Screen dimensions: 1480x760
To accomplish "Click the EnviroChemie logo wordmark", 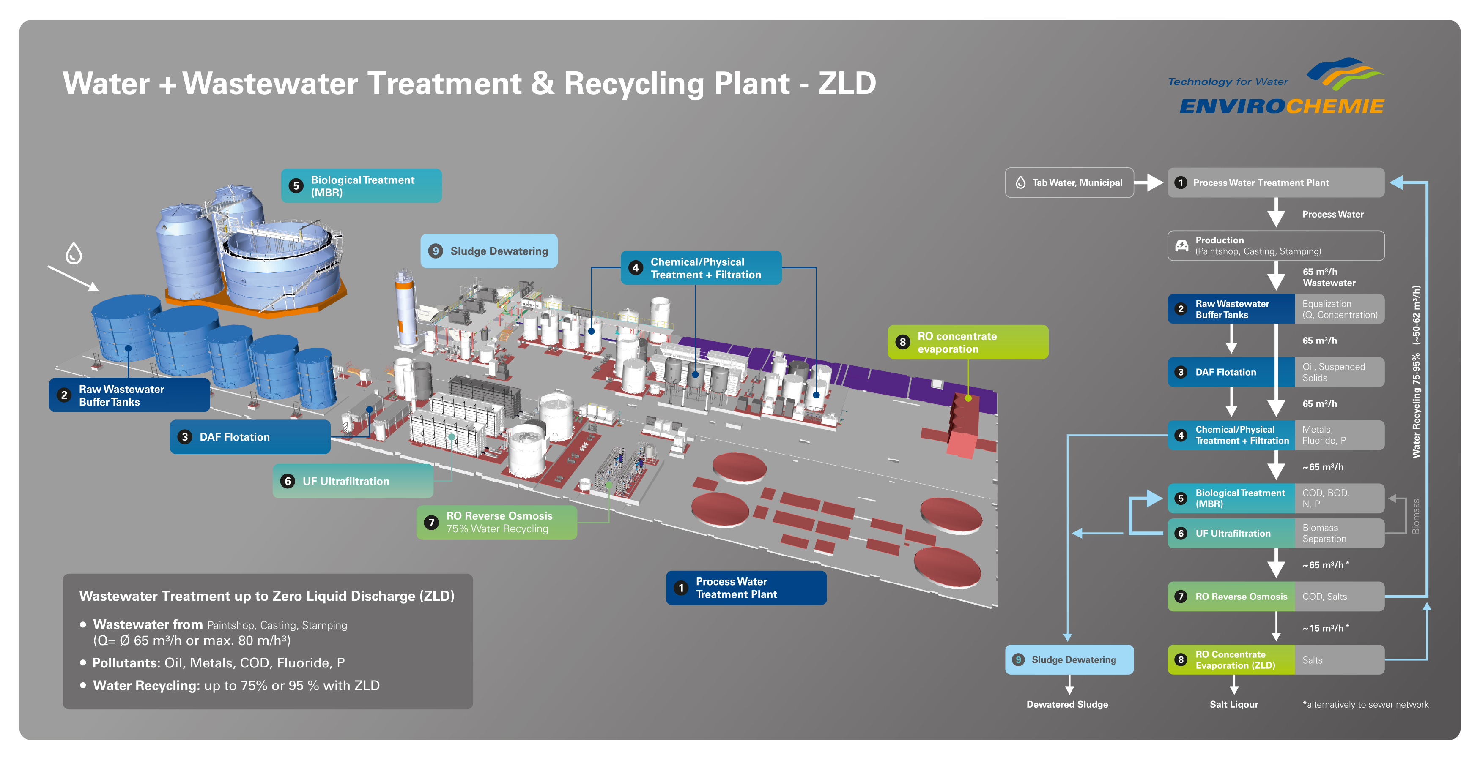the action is pyautogui.click(x=1282, y=106).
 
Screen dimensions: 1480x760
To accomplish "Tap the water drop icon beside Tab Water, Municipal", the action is pyautogui.click(x=1020, y=183).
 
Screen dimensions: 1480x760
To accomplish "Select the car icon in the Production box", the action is pyautogui.click(x=1182, y=246).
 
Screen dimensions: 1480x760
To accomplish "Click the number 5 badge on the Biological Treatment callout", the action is pyautogui.click(x=296, y=185).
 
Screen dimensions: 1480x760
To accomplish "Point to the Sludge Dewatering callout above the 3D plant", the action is pyautogui.click(x=489, y=251).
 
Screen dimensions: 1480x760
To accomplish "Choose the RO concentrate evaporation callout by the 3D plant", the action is pyautogui.click(x=968, y=342).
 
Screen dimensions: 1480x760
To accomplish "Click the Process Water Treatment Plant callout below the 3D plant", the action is pyautogui.click(x=746, y=588).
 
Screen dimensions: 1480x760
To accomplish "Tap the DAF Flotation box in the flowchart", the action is pyautogui.click(x=1231, y=372).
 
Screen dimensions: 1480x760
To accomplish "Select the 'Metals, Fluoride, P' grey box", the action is pyautogui.click(x=1339, y=435).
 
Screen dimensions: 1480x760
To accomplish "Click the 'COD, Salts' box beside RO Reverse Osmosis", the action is pyautogui.click(x=1339, y=597).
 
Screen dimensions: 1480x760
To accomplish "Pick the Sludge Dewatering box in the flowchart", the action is pyautogui.click(x=1069, y=659).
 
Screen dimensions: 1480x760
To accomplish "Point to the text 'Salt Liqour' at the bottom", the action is pyautogui.click(x=1233, y=704).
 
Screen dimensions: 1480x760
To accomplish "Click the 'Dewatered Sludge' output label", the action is pyautogui.click(x=1067, y=704).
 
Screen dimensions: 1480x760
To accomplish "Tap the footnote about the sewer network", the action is pyautogui.click(x=1365, y=704).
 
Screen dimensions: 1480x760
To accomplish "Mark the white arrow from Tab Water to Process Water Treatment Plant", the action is pyautogui.click(x=1148, y=183).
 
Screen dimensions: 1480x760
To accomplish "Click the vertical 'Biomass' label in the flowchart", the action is pyautogui.click(x=1416, y=516).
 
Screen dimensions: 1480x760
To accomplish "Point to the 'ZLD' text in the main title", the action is pyautogui.click(x=847, y=84).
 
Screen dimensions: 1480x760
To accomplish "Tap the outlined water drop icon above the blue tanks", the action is pyautogui.click(x=74, y=253).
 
